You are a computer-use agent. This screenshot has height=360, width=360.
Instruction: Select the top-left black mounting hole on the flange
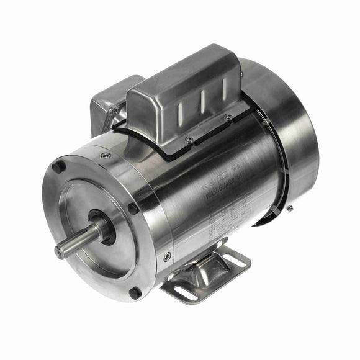click(x=58, y=167)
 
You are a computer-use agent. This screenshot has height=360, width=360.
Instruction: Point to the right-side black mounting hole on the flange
click(x=133, y=209)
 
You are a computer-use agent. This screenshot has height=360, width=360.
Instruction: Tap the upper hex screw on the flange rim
click(x=106, y=155)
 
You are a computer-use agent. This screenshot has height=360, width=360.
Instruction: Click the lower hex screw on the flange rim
click(x=167, y=256)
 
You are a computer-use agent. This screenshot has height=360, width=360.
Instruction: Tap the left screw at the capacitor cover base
click(x=189, y=140)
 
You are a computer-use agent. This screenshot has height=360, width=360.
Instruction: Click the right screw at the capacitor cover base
click(x=228, y=117)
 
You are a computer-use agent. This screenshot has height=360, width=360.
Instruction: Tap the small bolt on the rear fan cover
click(x=289, y=209)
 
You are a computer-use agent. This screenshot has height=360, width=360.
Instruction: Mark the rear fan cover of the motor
click(x=292, y=143)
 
